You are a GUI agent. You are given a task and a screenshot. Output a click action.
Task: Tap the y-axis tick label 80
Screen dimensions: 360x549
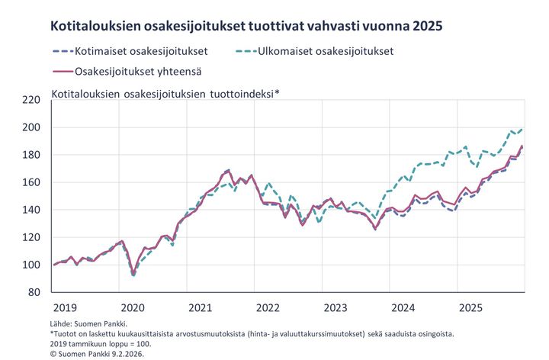(x=33, y=292)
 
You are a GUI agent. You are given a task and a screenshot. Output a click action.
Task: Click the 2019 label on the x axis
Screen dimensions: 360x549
(x=66, y=307)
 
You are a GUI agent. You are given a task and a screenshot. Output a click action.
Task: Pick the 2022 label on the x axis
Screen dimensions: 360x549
(x=268, y=307)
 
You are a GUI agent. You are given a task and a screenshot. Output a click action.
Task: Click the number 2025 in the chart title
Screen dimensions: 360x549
(x=425, y=26)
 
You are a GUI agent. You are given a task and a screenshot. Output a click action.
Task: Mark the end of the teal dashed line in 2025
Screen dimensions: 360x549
(x=522, y=128)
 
